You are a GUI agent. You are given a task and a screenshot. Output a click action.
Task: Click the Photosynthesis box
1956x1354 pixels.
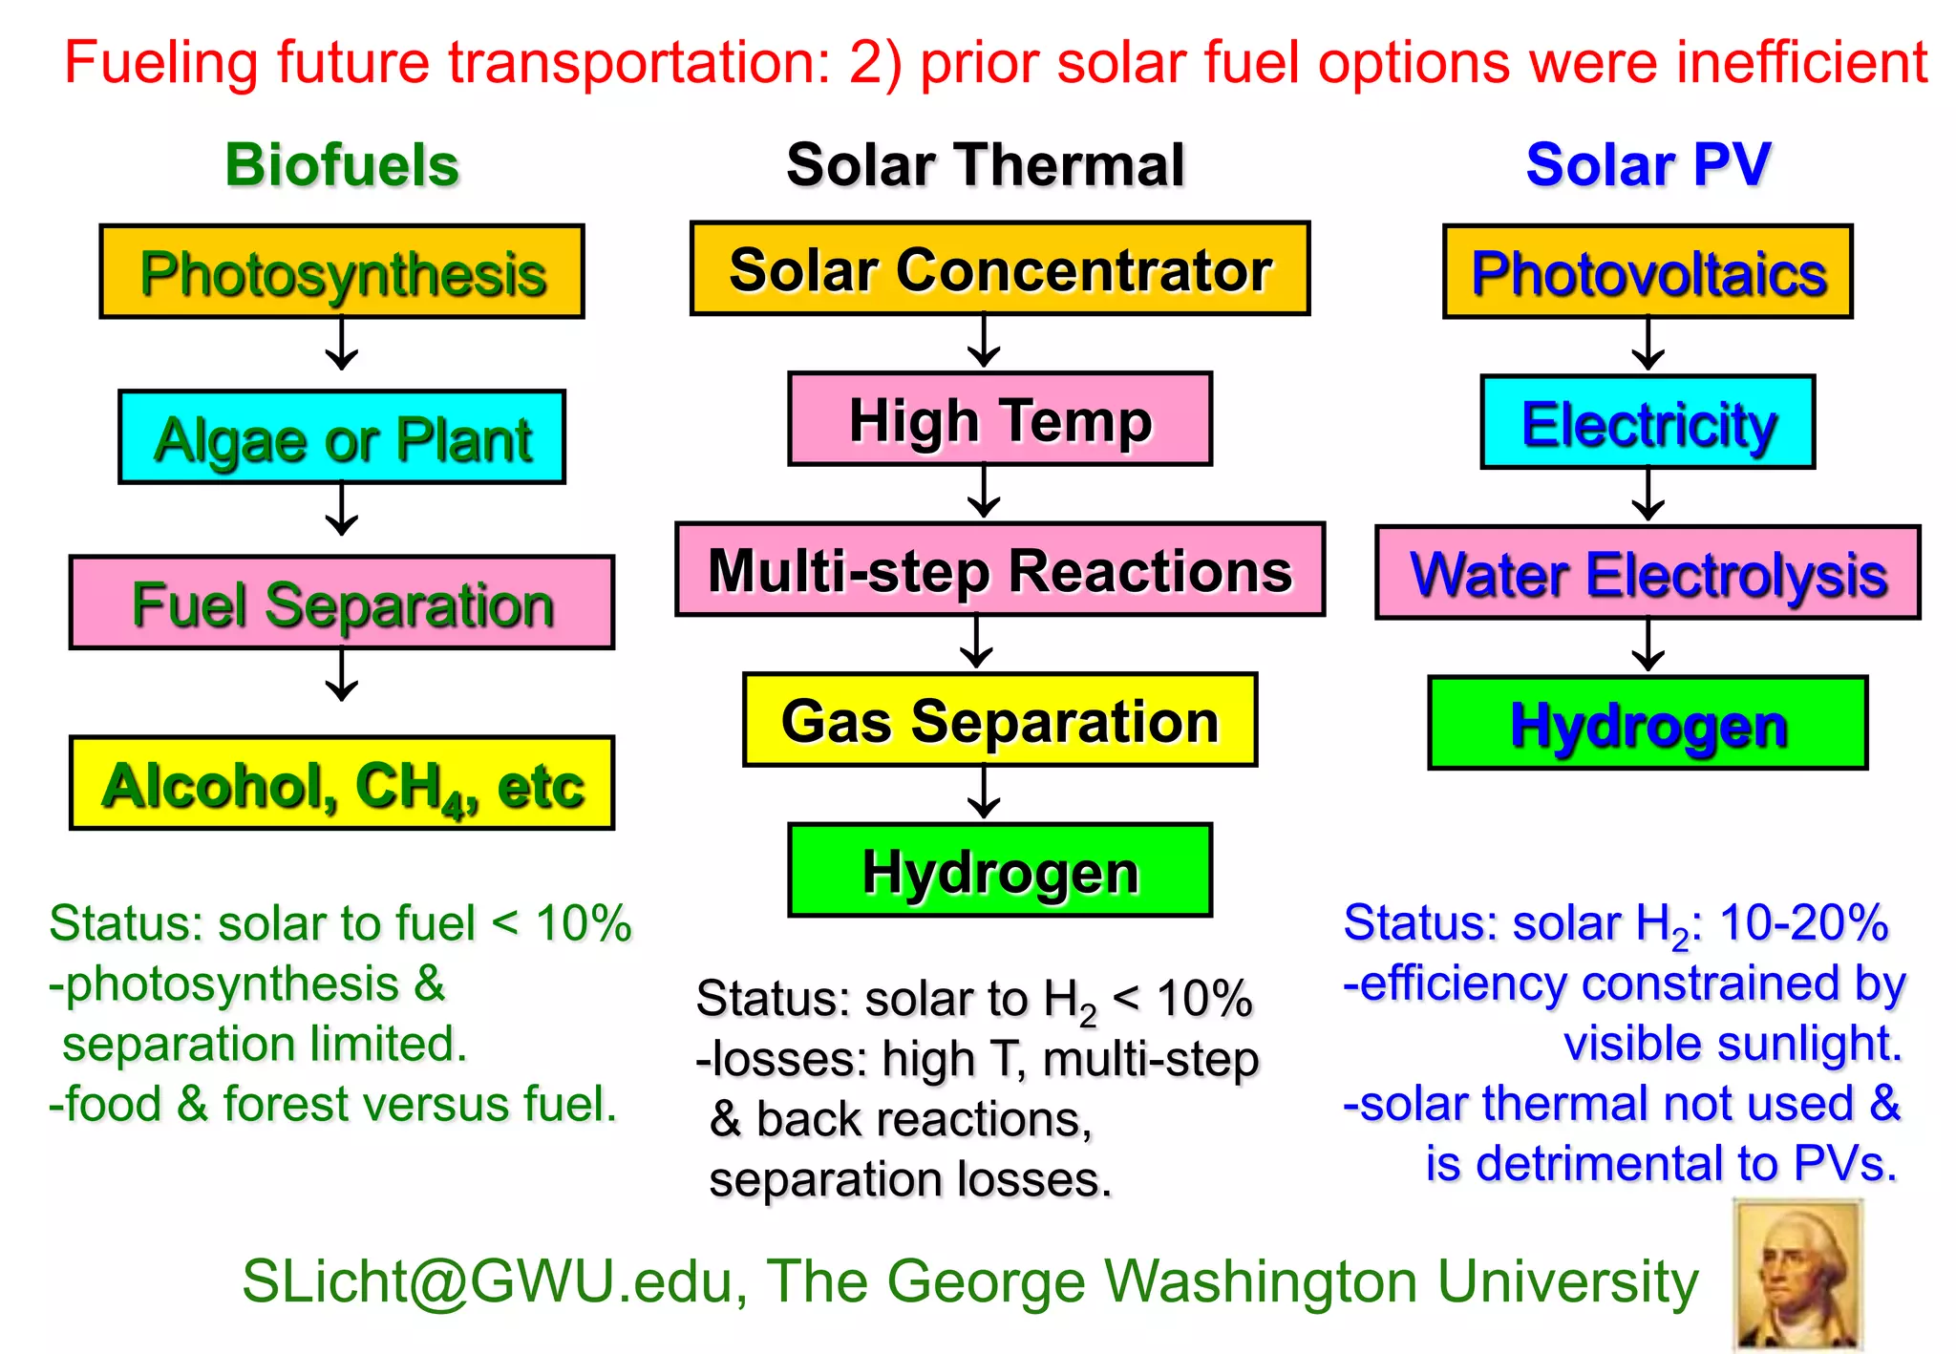point(342,272)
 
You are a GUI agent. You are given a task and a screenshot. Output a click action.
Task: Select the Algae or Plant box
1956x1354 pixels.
point(342,437)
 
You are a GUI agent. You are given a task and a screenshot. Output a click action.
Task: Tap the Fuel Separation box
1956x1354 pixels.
point(342,603)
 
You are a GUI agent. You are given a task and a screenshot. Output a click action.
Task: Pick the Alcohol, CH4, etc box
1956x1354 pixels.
point(342,783)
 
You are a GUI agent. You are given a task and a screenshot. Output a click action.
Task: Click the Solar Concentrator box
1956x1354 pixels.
point(1000,269)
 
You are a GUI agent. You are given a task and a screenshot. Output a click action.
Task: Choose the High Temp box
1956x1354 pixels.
point(1000,419)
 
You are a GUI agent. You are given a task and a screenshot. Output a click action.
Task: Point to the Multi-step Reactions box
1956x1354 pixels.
point(1000,570)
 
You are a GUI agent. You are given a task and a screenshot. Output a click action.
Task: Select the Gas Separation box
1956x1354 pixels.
point(1000,720)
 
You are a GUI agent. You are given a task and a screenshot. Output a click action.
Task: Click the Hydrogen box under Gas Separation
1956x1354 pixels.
point(1000,870)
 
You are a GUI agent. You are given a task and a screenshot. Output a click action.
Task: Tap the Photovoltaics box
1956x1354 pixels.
point(1648,272)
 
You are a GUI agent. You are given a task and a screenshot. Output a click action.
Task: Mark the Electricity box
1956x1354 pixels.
point(1648,422)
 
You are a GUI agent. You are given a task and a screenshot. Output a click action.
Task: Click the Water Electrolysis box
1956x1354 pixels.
point(1648,573)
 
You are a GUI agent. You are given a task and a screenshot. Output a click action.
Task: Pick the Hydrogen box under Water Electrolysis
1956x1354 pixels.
point(1648,723)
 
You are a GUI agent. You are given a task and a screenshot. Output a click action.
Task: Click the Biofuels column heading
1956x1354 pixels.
point(342,164)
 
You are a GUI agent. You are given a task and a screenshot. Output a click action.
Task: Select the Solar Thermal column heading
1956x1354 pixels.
point(985,164)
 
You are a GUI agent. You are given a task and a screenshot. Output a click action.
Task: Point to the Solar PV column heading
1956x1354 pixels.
point(1648,164)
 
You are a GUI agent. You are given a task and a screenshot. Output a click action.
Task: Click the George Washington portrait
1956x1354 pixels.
point(1797,1275)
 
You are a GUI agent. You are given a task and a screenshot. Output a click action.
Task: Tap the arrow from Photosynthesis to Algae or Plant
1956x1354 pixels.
point(342,345)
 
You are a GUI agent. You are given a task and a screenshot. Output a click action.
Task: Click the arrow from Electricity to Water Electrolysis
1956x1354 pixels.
point(1648,495)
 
